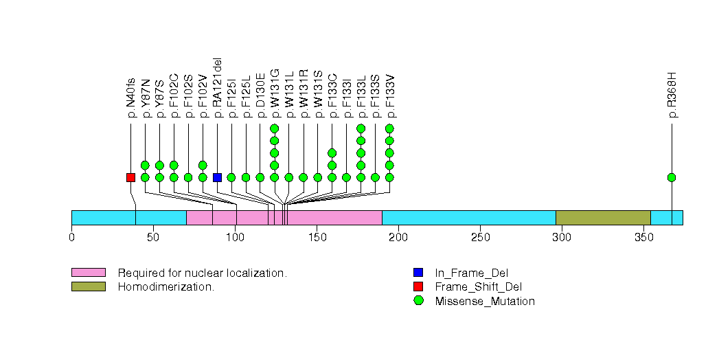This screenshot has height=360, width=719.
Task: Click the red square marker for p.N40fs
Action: click(x=130, y=177)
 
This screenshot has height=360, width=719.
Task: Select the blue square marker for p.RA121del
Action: click(x=217, y=177)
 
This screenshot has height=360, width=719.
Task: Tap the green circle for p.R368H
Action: click(x=672, y=177)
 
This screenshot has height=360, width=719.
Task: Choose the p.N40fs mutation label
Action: click(x=130, y=98)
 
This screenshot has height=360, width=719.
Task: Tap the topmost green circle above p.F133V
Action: click(x=390, y=128)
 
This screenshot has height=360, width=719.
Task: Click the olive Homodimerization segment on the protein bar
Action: click(x=603, y=218)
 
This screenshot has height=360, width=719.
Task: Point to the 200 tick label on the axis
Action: click(x=398, y=238)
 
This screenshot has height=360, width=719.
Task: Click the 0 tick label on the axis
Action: click(x=71, y=238)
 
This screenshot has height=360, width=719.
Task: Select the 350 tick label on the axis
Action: click(x=643, y=238)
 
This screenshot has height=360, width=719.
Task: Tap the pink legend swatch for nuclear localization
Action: click(x=88, y=273)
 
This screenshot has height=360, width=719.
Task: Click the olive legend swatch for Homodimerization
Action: click(x=88, y=286)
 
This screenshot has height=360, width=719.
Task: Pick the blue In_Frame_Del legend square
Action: click(x=418, y=273)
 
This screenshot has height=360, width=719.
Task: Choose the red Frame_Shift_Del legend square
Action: click(x=418, y=286)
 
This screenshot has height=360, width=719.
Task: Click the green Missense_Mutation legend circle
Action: click(x=418, y=301)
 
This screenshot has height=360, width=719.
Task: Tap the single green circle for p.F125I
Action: click(x=231, y=177)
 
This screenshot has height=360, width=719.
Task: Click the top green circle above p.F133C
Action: click(x=332, y=153)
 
